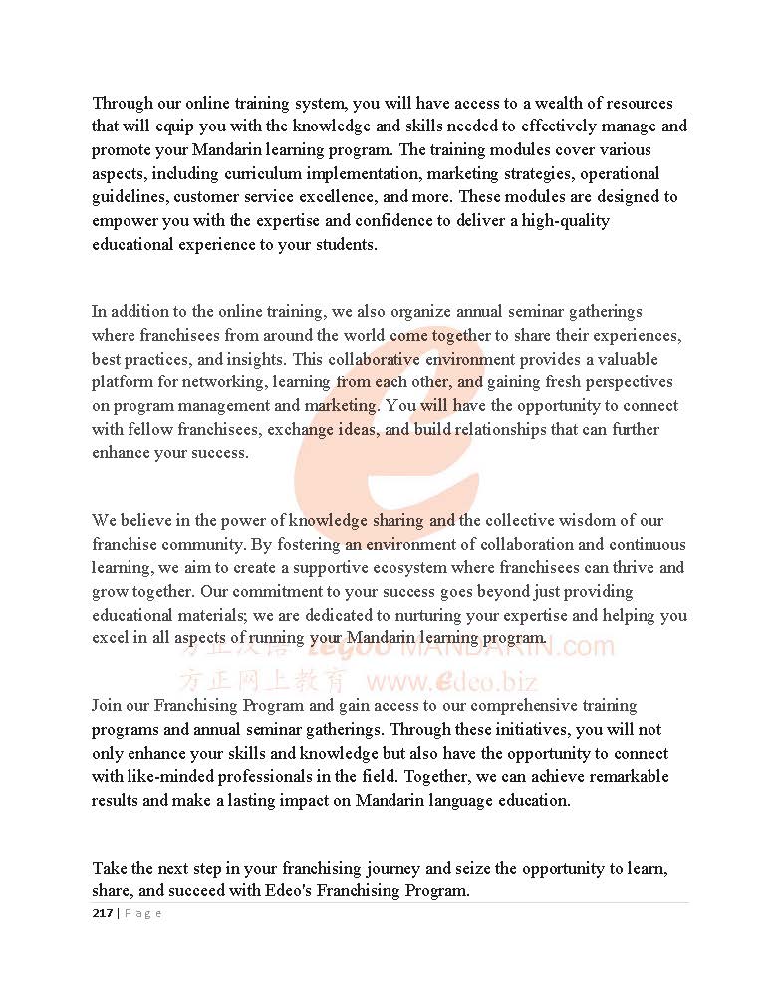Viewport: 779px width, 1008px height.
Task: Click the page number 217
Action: [x=103, y=913]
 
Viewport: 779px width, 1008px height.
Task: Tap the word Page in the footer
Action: [x=142, y=913]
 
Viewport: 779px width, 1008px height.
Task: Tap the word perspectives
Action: [x=626, y=382]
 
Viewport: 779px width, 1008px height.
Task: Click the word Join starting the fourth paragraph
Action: [x=108, y=706]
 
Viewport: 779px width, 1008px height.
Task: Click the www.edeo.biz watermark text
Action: [x=452, y=682]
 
